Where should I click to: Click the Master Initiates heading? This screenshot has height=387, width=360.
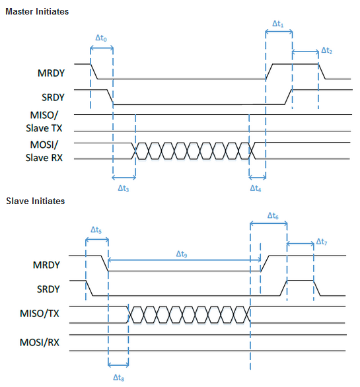click(x=37, y=12)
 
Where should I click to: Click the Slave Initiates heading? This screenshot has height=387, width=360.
click(x=35, y=201)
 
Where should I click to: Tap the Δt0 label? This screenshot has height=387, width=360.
click(x=101, y=38)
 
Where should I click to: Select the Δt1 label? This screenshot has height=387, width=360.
click(x=278, y=24)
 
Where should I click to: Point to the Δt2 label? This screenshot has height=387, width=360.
click(x=327, y=51)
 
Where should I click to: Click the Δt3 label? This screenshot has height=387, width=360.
click(x=124, y=188)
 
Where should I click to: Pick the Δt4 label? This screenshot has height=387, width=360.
click(x=256, y=188)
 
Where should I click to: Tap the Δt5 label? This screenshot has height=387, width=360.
click(x=96, y=230)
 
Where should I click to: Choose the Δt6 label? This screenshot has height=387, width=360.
click(x=273, y=216)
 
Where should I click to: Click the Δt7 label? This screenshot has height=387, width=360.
click(x=322, y=242)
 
